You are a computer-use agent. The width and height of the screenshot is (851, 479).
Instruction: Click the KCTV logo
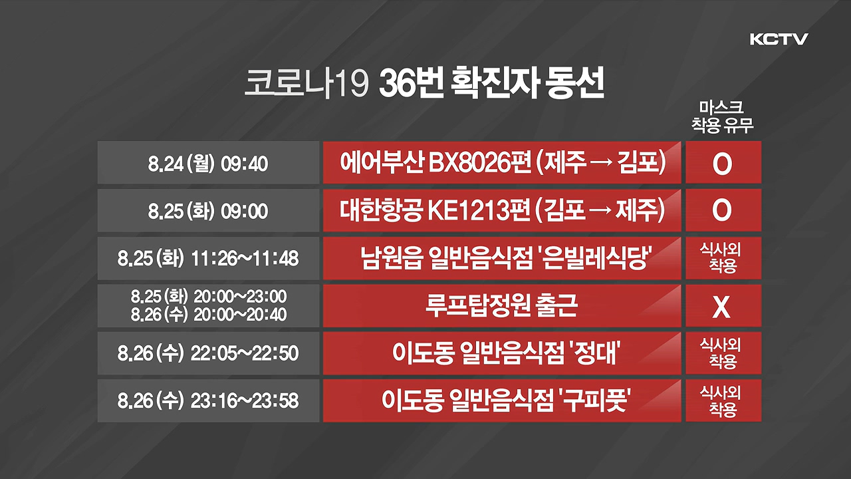779,39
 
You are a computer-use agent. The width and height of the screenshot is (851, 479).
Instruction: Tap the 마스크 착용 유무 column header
722,117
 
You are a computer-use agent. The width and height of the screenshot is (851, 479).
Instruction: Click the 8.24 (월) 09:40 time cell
208,163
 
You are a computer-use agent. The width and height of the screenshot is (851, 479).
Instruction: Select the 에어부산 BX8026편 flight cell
502,163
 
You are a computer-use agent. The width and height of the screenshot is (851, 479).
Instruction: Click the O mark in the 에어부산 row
722,164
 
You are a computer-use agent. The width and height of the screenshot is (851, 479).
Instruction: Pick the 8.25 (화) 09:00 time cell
208,210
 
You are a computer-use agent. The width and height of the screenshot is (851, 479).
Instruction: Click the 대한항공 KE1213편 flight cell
502,210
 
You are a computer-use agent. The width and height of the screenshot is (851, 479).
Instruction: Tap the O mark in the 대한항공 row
722,211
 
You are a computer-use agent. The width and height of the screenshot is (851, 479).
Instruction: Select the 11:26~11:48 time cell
208,258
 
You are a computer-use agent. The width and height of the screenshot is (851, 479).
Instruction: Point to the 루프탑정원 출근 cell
502,305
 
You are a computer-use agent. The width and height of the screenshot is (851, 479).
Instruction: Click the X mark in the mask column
721,307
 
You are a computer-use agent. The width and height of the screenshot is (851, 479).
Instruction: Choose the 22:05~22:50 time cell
208,353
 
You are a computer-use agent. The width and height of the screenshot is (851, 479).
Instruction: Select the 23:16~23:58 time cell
208,400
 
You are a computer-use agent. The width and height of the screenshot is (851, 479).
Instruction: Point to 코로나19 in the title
306,84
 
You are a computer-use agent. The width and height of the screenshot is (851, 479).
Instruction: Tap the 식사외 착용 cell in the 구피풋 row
723,400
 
